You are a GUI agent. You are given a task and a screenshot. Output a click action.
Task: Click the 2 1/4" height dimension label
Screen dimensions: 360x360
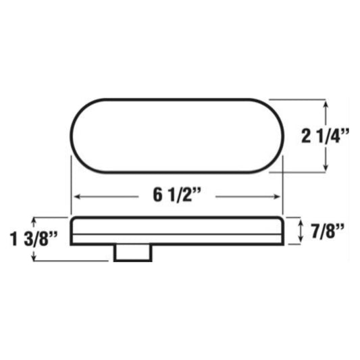(325, 136)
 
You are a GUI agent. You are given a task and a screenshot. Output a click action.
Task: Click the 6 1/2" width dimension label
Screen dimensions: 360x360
(177, 195)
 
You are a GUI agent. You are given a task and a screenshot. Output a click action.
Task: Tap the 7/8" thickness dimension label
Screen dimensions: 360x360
(328, 231)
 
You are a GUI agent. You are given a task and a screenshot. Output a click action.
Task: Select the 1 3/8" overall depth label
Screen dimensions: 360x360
(33, 239)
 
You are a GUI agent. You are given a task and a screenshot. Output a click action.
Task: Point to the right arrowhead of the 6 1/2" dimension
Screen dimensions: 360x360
(278, 197)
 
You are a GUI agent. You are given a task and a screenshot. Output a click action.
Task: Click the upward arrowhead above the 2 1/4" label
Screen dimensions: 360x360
(326, 105)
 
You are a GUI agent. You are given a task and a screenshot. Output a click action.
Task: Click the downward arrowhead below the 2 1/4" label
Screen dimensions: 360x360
(326, 167)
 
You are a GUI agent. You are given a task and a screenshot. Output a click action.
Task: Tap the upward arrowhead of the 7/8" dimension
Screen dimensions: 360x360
(301, 222)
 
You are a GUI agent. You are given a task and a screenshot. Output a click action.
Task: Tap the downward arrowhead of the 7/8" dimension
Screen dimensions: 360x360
(301, 239)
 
